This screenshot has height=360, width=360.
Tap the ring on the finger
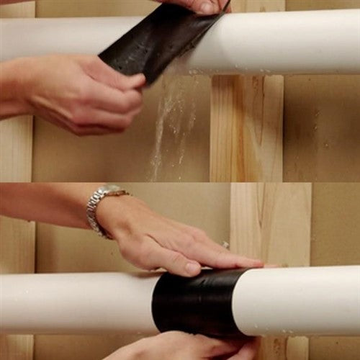(225, 246)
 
